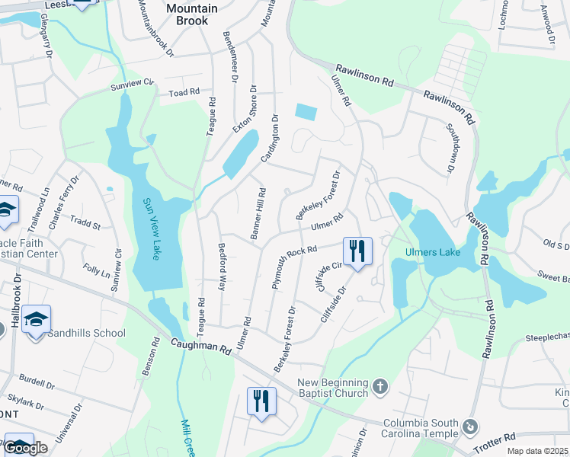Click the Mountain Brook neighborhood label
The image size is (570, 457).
[191, 14]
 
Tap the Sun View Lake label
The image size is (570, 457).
[150, 228]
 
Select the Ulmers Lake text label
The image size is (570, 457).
[432, 252]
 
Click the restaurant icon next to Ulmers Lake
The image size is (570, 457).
[357, 251]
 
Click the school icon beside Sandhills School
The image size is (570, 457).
[35, 319]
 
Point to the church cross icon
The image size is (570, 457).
[380, 388]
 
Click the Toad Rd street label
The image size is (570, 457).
[184, 91]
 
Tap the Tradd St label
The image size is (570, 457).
[85, 225]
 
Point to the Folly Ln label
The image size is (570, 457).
[97, 271]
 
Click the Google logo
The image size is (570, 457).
[26, 449]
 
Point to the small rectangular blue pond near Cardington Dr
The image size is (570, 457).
[306, 112]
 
